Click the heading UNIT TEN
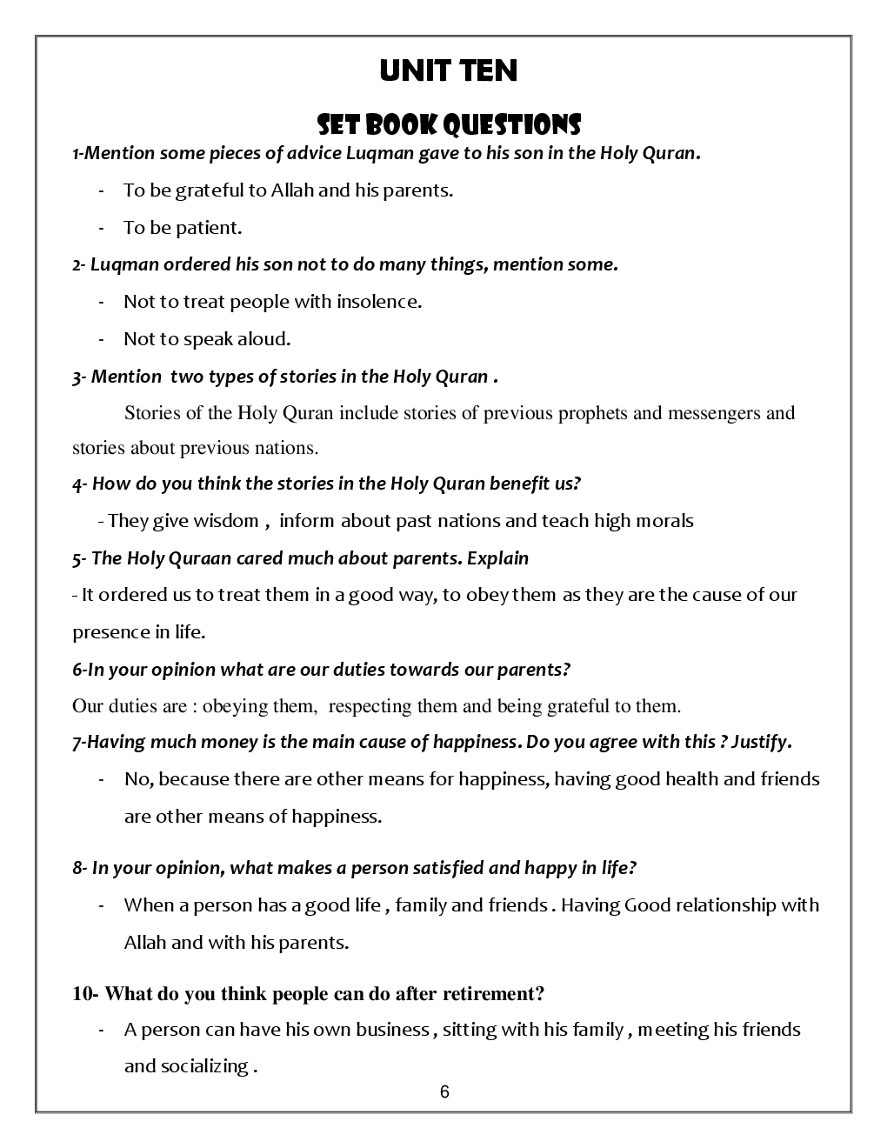[448, 71]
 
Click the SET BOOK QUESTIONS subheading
[448, 124]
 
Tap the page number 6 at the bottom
[444, 1092]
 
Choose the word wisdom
[226, 521]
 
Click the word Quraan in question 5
[197, 558]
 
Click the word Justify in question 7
[760, 743]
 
